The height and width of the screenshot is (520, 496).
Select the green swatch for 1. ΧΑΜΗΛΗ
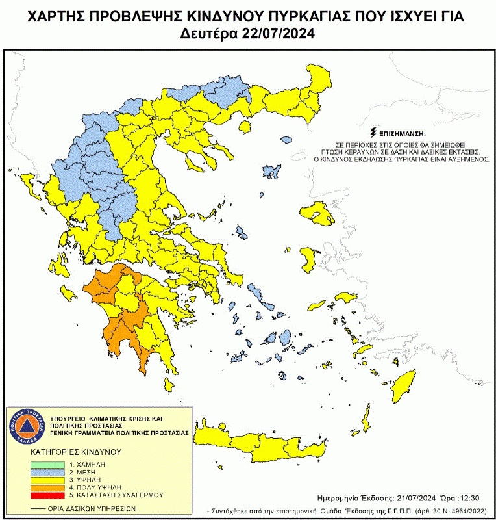(x=48, y=465)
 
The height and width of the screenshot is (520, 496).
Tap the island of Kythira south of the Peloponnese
(x=168, y=385)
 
